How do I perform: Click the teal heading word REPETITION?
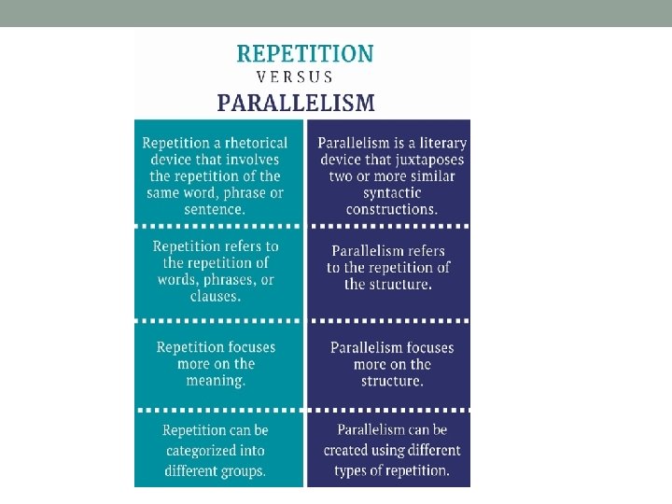click(x=304, y=53)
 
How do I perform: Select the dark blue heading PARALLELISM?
click(x=297, y=103)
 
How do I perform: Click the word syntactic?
click(x=392, y=192)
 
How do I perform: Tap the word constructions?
click(x=391, y=209)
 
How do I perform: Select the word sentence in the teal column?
click(x=215, y=209)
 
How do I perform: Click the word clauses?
click(x=215, y=296)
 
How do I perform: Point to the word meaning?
click(x=215, y=380)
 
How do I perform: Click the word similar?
click(x=431, y=176)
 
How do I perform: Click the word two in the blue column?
click(x=342, y=176)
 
